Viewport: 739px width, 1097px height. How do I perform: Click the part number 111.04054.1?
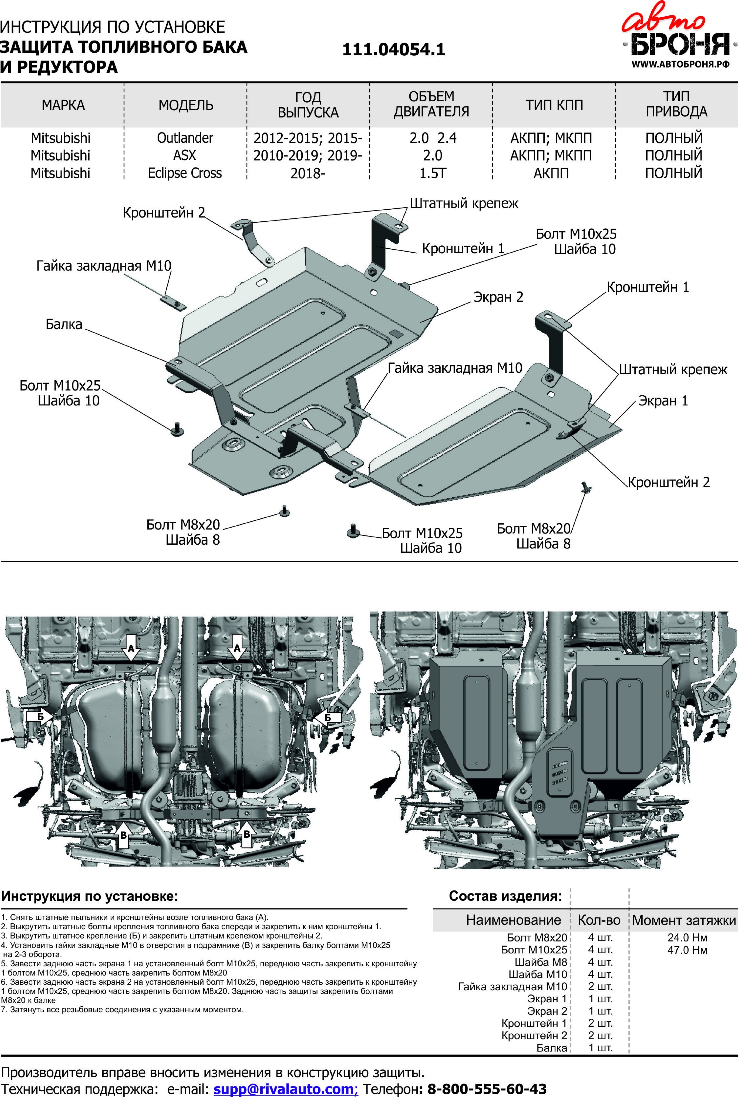coord(394,49)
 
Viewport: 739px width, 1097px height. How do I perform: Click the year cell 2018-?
coord(308,173)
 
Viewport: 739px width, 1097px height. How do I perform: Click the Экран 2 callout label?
coord(499,297)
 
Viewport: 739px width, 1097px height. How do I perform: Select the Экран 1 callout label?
coord(663,401)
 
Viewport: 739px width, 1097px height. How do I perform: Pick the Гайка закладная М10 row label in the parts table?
coord(513,986)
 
